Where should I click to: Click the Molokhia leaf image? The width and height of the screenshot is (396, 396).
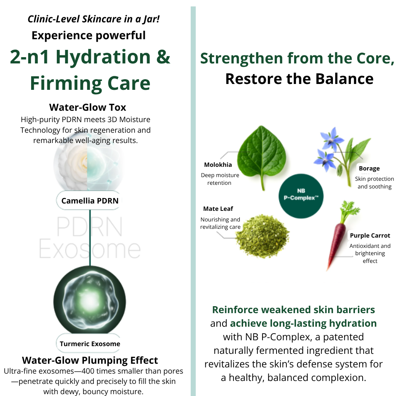tap(262, 157)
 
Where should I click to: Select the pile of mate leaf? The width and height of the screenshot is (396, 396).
tap(262, 236)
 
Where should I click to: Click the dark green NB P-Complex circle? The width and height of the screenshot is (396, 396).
tap(301, 196)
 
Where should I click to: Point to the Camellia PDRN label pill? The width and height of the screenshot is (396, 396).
tap(89, 201)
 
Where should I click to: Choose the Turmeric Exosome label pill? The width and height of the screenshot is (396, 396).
tap(89, 344)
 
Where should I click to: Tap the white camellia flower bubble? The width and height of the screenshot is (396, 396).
tap(88, 165)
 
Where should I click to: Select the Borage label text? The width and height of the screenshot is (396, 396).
tap(369, 168)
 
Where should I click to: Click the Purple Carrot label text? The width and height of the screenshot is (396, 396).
tap(370, 236)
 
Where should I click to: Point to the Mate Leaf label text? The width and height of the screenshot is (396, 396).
tap(218, 209)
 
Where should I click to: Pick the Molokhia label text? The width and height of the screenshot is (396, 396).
tap(218, 165)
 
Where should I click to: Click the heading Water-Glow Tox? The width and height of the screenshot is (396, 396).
tap(88, 107)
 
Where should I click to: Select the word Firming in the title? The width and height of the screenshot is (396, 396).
tap(66, 84)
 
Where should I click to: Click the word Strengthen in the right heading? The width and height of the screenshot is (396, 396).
tap(241, 59)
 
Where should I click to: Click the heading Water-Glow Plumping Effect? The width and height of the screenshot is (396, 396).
tap(90, 360)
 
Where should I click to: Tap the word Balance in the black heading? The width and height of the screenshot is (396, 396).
tap(344, 79)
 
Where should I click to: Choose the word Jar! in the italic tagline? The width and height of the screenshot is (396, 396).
tap(151, 19)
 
